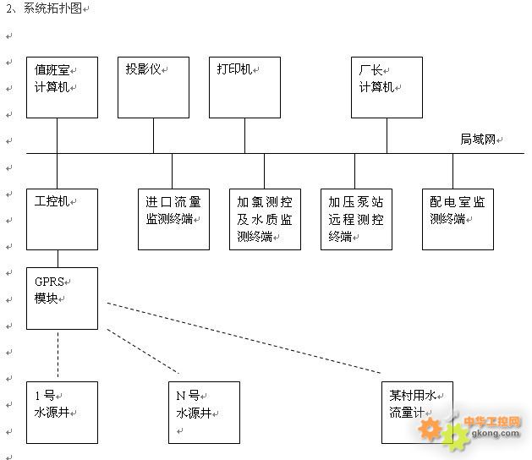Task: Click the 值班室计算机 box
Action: click(x=62, y=87)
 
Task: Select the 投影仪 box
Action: click(x=153, y=87)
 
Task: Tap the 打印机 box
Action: click(x=244, y=87)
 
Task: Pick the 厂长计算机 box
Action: click(x=387, y=87)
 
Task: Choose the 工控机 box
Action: click(x=62, y=219)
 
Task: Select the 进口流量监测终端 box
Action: click(x=173, y=219)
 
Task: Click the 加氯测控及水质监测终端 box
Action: click(x=265, y=219)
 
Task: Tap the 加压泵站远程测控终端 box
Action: click(x=356, y=219)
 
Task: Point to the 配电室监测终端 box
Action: click(x=458, y=219)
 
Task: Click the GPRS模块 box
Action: click(x=62, y=298)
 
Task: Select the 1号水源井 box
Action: click(x=62, y=412)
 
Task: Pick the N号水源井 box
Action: click(x=204, y=412)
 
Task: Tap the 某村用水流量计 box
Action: click(x=417, y=412)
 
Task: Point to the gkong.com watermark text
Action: click(x=496, y=434)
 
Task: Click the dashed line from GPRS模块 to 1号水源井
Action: click(x=58, y=355)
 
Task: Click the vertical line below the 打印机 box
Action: click(x=244, y=135)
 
